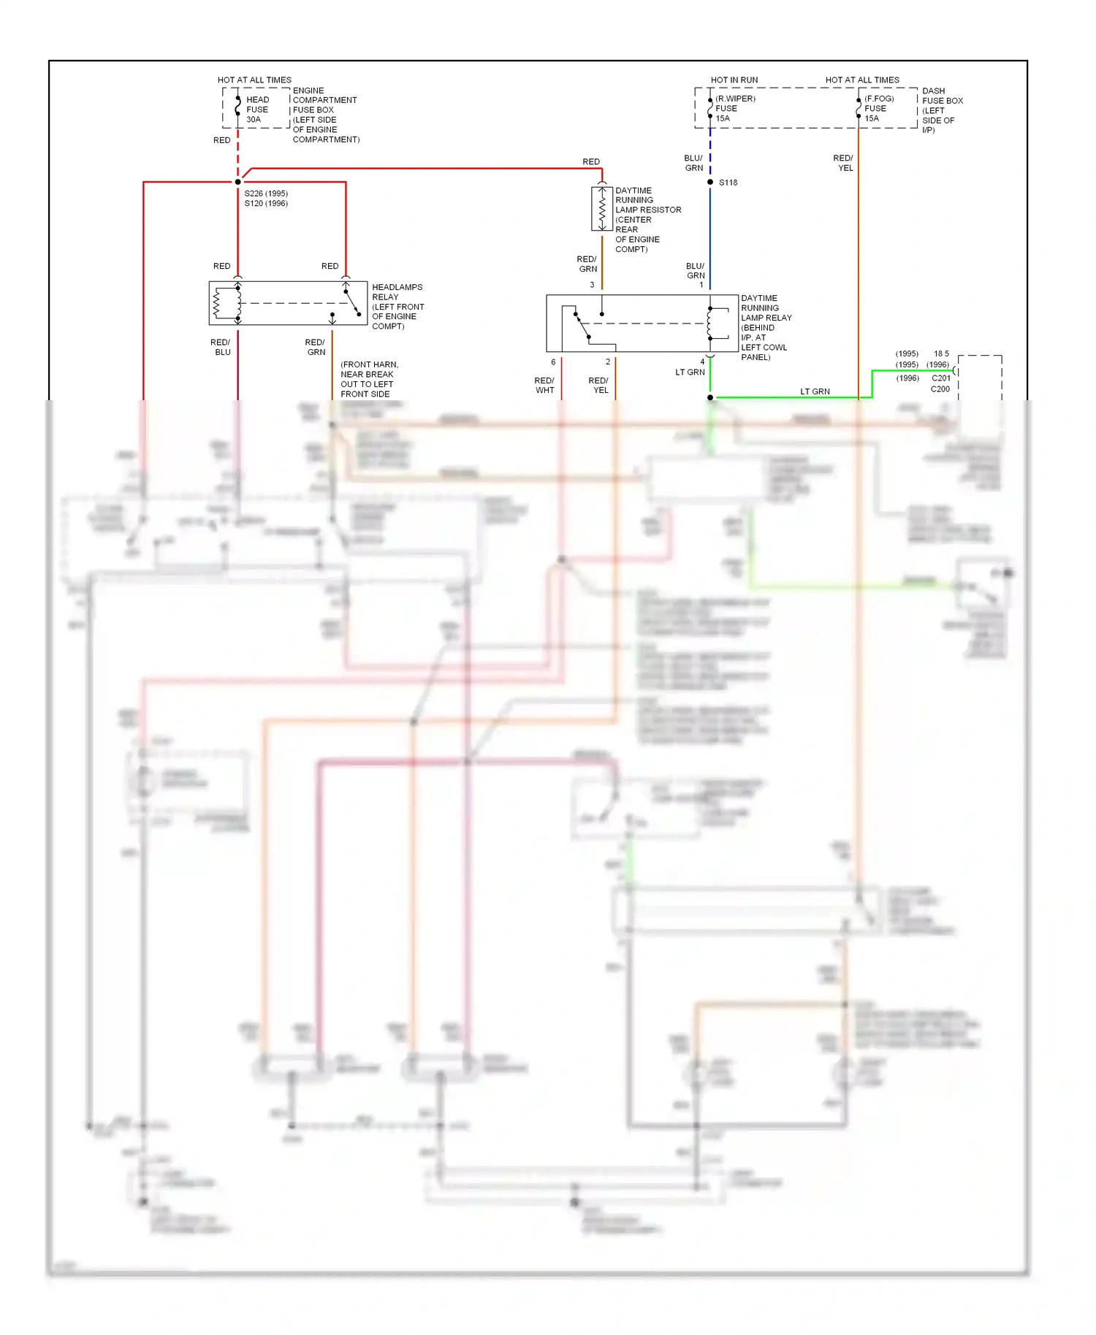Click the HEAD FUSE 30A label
coord(257,110)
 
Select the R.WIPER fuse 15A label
coord(734,108)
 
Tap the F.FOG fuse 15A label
coord(878,108)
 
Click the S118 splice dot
coord(710,182)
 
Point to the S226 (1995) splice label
coord(266,194)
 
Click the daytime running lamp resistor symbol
coord(602,210)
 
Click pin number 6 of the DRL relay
coord(553,362)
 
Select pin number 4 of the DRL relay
coord(703,362)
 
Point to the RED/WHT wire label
coord(544,386)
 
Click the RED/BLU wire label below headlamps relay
coord(221,347)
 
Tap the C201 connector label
coord(941,378)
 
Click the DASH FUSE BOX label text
coord(942,110)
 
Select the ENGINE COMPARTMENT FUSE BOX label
coord(325,115)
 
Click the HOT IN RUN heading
coord(734,80)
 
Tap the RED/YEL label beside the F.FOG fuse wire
coord(843,163)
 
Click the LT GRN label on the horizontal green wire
coord(815,391)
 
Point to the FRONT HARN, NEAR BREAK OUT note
coord(369,379)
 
